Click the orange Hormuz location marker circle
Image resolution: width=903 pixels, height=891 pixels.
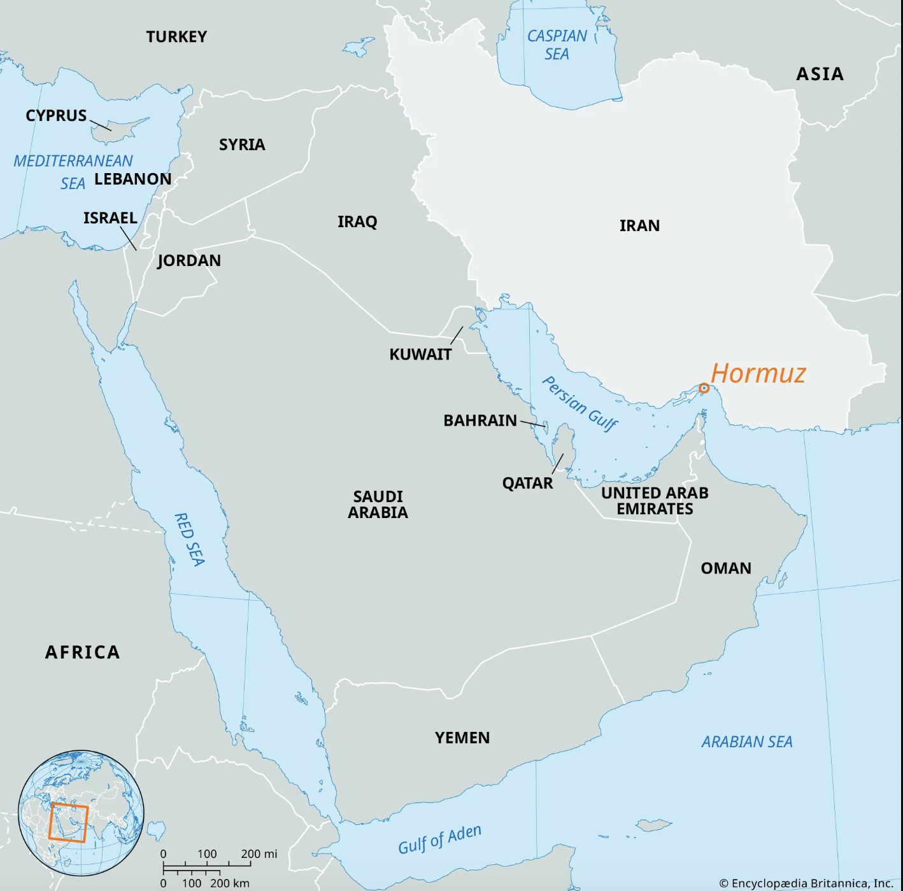coord(704,388)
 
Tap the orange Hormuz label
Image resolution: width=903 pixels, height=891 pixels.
coord(758,373)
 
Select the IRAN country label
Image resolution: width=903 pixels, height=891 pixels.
coord(639,225)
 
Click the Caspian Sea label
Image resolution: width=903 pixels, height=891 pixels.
coord(557,45)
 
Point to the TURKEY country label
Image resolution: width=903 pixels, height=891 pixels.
coord(176,37)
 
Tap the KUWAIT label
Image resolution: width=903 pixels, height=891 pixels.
coord(420,354)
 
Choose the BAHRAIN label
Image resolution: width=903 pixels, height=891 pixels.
coord(480,421)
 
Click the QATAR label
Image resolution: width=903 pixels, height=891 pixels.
coord(527,483)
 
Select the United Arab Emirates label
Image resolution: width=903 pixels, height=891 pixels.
coord(655,501)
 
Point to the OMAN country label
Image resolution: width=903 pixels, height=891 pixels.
coord(726,568)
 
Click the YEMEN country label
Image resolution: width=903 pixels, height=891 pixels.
coord(462,738)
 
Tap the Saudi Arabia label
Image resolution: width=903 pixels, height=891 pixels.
coord(378,504)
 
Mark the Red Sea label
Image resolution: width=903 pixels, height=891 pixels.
coord(190,539)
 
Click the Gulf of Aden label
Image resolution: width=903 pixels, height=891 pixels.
coord(439,839)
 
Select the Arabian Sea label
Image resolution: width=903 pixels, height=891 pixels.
coord(747,741)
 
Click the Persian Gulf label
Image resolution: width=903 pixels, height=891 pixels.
coord(579,403)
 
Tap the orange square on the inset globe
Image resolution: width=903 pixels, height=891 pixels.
coord(68,822)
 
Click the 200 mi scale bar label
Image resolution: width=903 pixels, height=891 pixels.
coord(259,853)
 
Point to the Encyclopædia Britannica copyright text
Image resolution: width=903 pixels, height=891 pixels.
coord(806,883)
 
